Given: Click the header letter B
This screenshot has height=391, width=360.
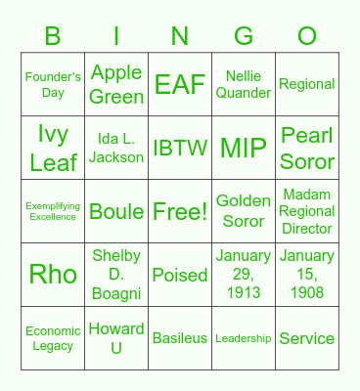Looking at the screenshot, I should pos(53,37).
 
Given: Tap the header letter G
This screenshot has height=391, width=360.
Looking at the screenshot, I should pos(244,37).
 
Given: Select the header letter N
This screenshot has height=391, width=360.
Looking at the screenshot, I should pos(180,37).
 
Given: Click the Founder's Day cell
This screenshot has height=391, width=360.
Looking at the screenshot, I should pos(53,84).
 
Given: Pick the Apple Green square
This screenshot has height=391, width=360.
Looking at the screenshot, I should pos(116,84).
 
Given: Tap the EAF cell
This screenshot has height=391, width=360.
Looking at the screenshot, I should pos(180,84).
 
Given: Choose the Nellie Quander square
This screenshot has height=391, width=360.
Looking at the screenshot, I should pos(244,84).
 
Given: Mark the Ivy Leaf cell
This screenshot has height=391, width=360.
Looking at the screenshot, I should pos(53,148).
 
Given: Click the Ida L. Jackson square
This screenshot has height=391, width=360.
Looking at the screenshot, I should pos(116,148).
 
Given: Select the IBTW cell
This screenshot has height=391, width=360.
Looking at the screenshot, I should pos(180,148).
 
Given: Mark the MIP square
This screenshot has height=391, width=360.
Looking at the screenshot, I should pos(244,148).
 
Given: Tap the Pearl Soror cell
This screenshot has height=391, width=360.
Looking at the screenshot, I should pos(307,148).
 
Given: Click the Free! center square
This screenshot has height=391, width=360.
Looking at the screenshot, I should pos(180,211).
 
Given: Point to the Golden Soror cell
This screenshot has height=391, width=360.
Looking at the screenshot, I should pos(244,211).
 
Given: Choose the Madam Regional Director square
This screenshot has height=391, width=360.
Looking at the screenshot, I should pos(307,211).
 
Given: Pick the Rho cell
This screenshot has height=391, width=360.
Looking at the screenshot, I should pos(53,275).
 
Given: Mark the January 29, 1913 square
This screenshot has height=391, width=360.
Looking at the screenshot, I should pos(244,275).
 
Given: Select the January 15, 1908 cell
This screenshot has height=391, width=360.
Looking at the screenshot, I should pos(307,275).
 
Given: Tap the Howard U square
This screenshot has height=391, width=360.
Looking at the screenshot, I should pos(116,338).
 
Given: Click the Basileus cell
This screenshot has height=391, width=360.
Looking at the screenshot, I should pos(180,338).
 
